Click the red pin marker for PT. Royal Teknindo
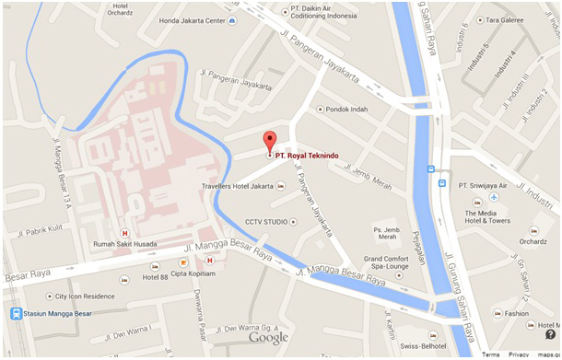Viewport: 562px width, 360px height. (x=269, y=143)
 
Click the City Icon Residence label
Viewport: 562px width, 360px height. (x=87, y=296)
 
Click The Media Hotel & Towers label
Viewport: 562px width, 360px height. (x=487, y=216)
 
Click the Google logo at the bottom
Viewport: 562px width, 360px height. (x=267, y=338)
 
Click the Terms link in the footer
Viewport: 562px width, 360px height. (x=490, y=354)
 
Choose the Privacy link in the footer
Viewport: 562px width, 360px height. (x=519, y=354)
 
